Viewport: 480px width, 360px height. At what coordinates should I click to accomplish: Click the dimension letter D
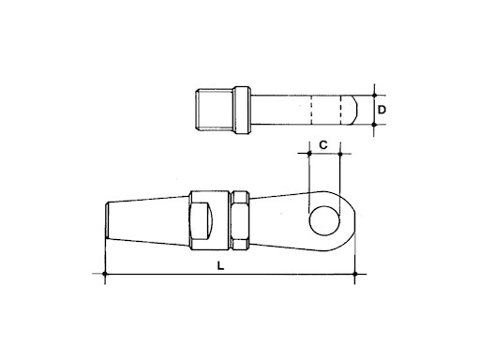coord(382,110)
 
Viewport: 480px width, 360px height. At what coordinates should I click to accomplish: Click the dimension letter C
coord(323,145)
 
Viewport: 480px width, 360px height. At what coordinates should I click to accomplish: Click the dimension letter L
coord(220,266)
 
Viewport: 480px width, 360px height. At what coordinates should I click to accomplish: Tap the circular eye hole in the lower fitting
coord(324,220)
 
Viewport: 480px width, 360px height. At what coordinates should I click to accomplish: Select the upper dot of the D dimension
coord(374,95)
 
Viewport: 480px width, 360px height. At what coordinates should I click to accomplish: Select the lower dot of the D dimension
coord(374,125)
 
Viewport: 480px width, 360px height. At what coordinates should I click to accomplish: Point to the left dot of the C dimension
coord(309,154)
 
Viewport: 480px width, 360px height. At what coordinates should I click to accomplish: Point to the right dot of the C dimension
coord(340,154)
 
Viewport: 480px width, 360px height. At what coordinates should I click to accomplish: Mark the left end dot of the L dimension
coord(105,274)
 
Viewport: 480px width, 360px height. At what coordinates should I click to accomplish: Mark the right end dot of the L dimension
coord(354,274)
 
